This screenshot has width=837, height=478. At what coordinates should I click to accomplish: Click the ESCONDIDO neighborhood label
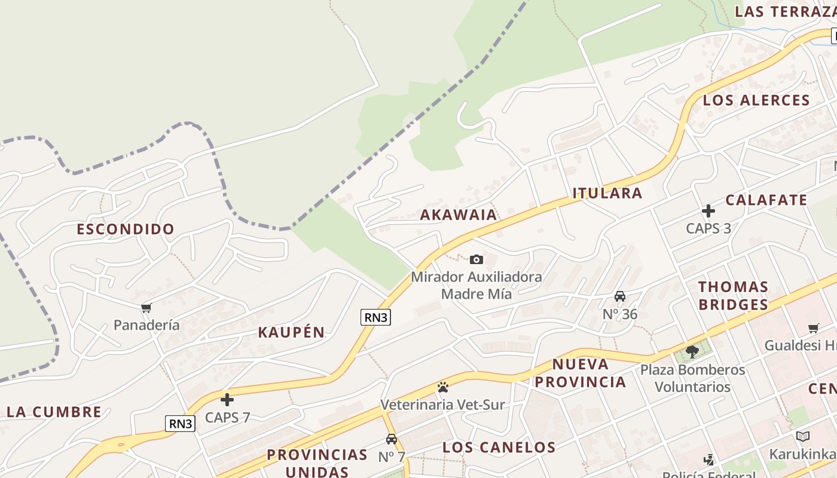(x=126, y=229)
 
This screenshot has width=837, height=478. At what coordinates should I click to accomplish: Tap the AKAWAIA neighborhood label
(x=458, y=215)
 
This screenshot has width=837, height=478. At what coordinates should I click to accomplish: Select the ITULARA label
(x=607, y=193)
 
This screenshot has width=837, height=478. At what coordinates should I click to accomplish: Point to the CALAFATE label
(x=766, y=200)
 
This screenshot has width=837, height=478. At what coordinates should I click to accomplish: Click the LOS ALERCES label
(x=756, y=100)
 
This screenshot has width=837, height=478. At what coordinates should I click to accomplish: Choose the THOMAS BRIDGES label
(x=733, y=296)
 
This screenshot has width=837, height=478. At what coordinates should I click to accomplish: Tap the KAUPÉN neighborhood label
(x=291, y=333)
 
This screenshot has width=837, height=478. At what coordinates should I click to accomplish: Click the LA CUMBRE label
(x=54, y=412)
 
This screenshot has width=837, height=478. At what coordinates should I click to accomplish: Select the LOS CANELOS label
(x=499, y=448)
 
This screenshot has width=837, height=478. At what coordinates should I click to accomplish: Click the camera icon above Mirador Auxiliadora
(x=476, y=259)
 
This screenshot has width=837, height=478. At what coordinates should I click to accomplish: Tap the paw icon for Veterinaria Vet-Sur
(x=442, y=387)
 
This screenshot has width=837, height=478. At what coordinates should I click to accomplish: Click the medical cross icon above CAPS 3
(x=708, y=211)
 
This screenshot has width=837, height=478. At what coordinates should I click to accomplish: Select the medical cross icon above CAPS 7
(x=227, y=400)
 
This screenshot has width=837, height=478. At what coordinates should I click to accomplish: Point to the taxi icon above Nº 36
(x=620, y=296)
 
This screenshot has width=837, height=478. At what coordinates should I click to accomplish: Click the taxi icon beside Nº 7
(x=392, y=439)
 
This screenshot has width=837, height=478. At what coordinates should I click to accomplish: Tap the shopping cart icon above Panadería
(x=146, y=308)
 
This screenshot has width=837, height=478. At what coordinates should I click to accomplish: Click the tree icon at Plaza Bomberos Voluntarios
(x=692, y=351)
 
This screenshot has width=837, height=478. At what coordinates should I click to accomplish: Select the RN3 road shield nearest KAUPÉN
(x=375, y=317)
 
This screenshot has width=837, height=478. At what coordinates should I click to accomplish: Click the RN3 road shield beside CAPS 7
(x=181, y=424)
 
